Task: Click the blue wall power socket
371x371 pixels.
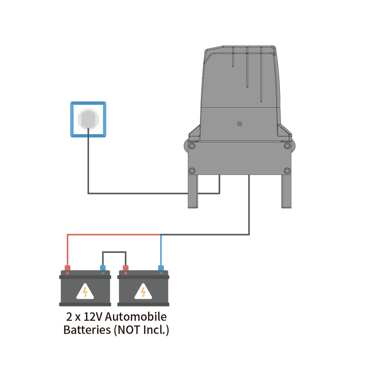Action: [88, 119]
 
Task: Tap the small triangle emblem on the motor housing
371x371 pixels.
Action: [239, 124]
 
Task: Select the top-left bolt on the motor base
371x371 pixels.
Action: [192, 146]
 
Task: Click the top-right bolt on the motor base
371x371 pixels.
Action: [287, 146]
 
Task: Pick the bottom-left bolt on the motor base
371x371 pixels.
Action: [192, 171]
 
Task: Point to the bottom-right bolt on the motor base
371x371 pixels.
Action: [287, 171]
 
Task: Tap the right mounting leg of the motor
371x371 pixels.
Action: [286, 192]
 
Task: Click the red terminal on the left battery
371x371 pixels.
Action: [67, 268]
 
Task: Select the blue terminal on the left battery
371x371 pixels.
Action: [103, 268]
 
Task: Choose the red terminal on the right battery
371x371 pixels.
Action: [125, 268]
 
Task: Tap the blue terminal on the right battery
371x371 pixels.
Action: [161, 268]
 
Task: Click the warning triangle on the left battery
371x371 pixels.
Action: [85, 291]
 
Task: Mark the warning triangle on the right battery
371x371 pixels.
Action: [143, 291]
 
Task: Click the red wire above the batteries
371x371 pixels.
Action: [111, 234]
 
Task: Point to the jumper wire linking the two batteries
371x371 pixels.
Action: [114, 252]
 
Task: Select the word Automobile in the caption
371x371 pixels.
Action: [136, 317]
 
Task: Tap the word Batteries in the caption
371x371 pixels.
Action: [87, 330]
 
